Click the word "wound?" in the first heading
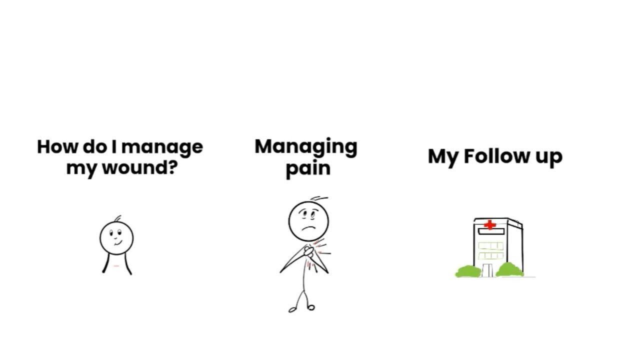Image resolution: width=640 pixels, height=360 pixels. [140, 167]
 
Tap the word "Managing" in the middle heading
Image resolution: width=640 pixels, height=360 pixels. [306, 147]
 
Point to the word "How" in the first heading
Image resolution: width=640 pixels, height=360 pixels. [57, 147]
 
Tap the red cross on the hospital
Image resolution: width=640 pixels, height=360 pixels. [489, 225]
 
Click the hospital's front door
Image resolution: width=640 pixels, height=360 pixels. [487, 270]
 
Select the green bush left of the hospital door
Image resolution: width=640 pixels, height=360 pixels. [468, 271]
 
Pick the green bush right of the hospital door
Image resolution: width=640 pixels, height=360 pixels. [509, 270]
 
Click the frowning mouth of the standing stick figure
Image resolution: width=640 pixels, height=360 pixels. [309, 228]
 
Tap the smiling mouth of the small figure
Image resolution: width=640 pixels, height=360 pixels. [118, 243]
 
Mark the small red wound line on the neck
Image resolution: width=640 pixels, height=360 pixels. [116, 266]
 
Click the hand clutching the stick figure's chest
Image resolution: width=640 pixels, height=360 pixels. [308, 251]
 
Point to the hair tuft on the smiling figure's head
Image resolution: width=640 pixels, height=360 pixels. [117, 218]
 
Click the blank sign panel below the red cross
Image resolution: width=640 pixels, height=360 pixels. [491, 231]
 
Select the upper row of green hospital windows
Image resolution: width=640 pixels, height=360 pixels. [490, 245]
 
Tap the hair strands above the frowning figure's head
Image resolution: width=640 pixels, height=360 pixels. [319, 198]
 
